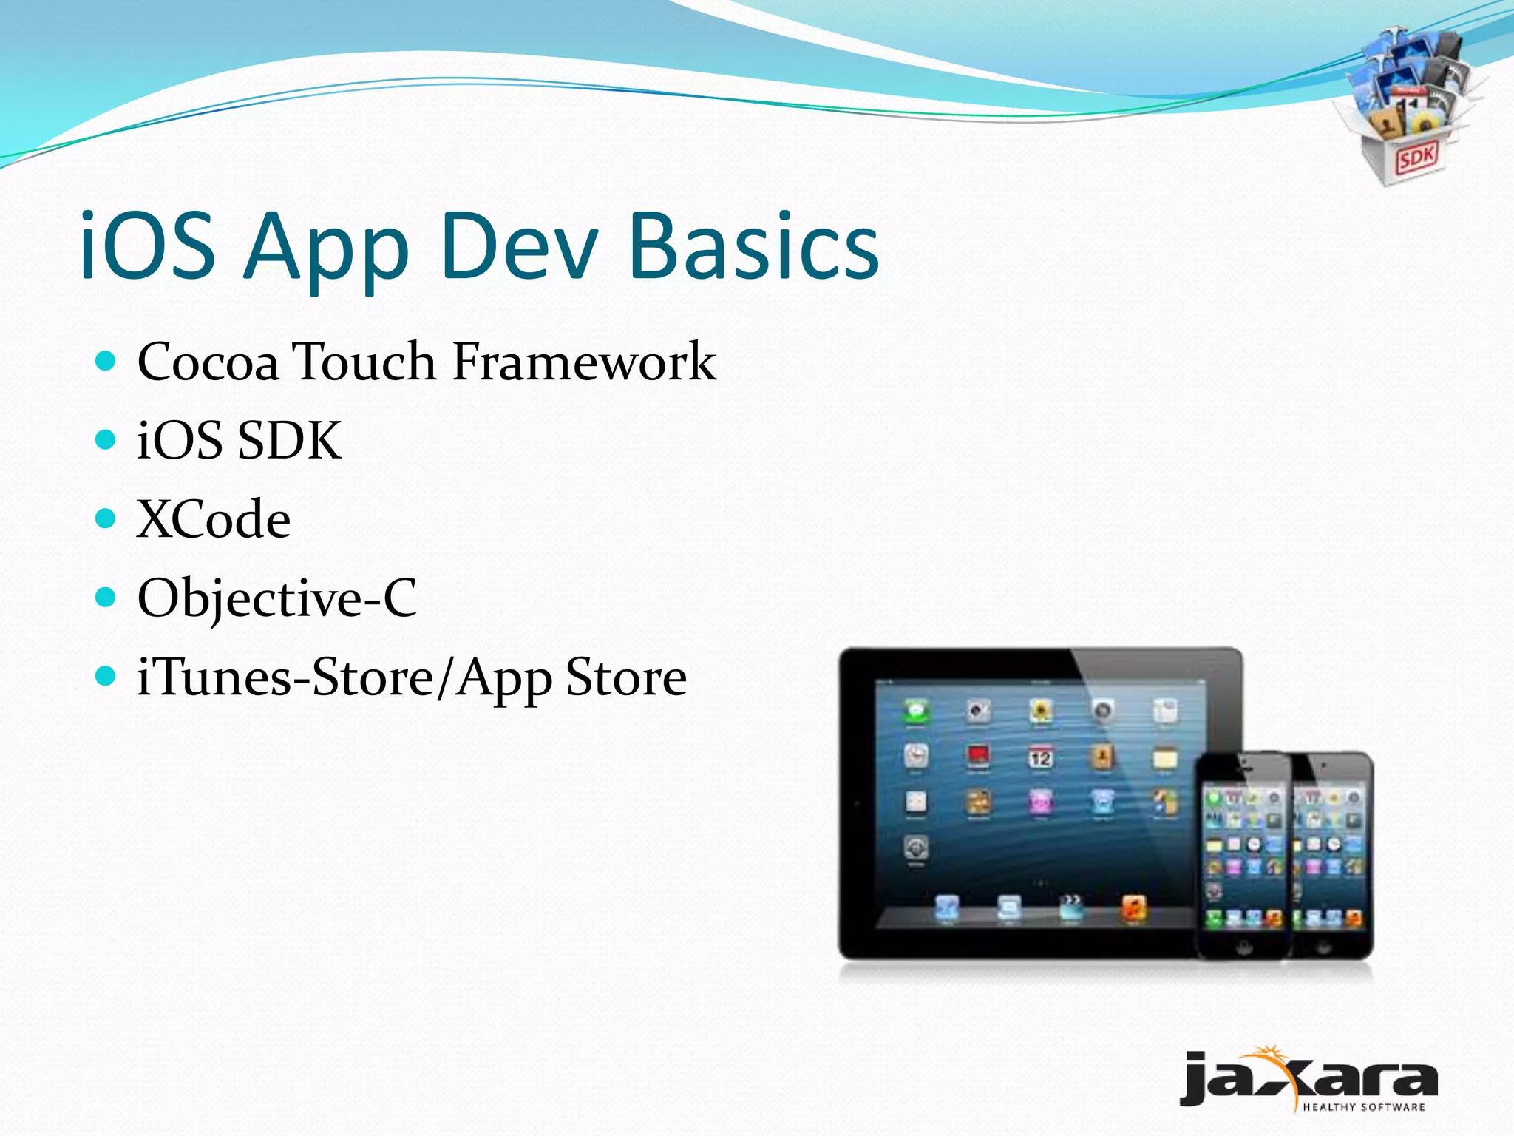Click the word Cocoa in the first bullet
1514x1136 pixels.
(208, 362)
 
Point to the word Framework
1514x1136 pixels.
(584, 362)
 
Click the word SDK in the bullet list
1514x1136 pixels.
(289, 441)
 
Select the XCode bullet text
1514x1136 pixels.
(214, 519)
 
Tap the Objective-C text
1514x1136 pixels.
(277, 598)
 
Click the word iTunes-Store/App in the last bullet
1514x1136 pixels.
(344, 677)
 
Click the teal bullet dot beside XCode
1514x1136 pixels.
(106, 518)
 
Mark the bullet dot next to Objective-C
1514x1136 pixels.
(106, 597)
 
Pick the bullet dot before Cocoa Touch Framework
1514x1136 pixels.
(106, 361)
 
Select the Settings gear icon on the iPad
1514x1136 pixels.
(916, 848)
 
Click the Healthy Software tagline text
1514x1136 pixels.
(1363, 1107)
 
